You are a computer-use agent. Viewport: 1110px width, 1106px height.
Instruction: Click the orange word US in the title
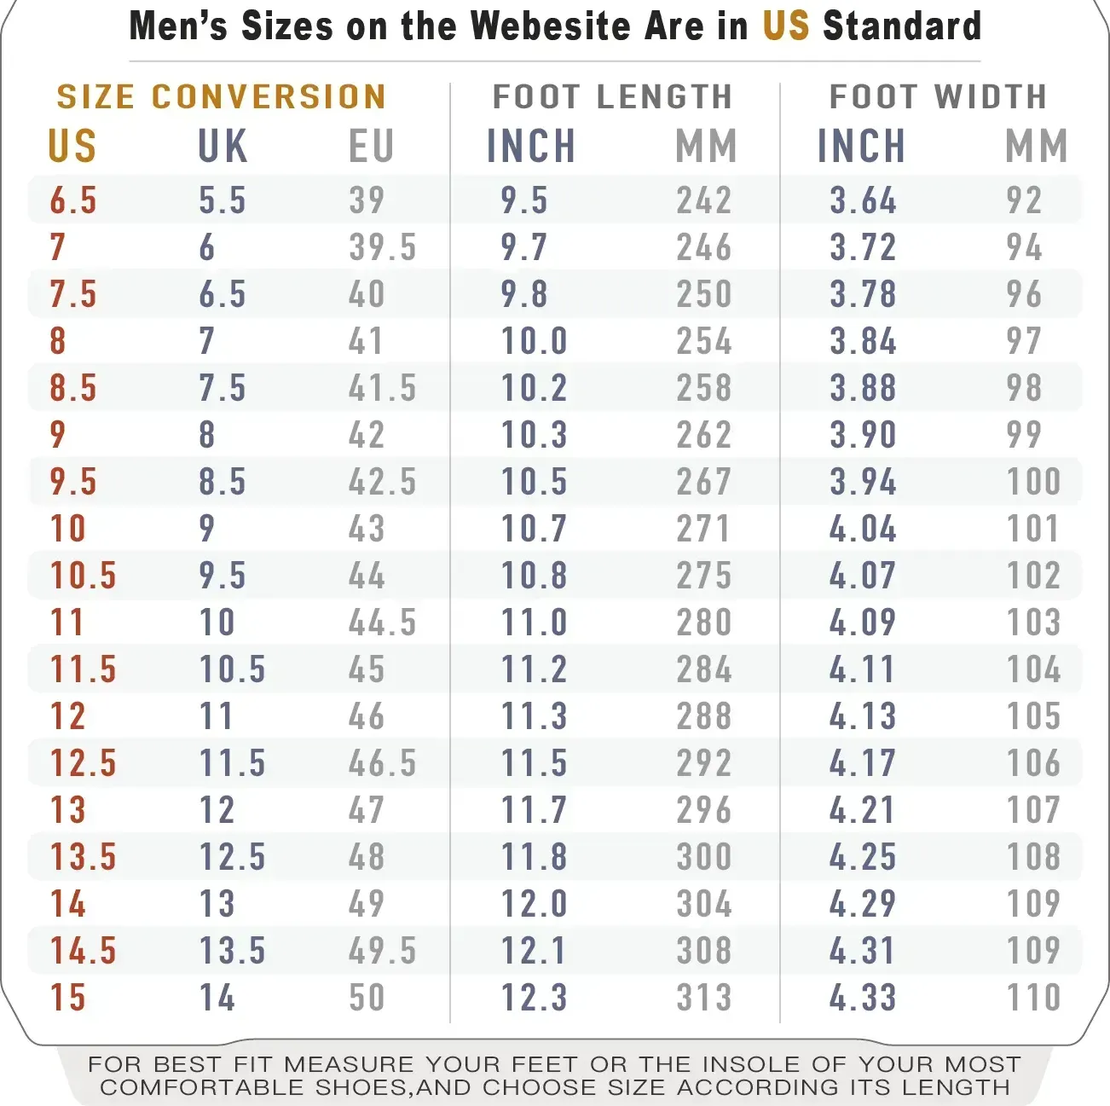[785, 26]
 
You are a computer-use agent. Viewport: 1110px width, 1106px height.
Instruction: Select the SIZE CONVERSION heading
[222, 97]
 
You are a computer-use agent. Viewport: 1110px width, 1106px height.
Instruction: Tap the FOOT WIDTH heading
[938, 97]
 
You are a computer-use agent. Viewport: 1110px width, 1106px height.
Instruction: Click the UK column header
[223, 146]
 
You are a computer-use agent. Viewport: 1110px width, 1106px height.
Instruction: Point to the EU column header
[371, 146]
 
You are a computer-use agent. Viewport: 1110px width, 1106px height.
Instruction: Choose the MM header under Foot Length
[706, 146]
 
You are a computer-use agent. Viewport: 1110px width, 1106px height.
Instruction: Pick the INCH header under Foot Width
[861, 146]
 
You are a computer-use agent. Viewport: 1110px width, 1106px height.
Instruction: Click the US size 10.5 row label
[83, 576]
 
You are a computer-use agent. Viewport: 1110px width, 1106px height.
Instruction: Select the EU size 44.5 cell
[382, 622]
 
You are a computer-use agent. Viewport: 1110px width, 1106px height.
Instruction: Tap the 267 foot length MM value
[704, 482]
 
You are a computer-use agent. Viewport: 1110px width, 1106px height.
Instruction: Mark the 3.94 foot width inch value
[863, 482]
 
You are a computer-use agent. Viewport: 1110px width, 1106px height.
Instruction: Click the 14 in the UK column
[217, 998]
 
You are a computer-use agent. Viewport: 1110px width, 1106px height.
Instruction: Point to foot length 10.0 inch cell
[534, 341]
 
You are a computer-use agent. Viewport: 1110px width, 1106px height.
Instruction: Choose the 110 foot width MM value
[1033, 998]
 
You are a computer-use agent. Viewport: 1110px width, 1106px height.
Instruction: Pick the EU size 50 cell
[367, 998]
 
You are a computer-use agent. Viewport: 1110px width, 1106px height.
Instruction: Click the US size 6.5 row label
[73, 200]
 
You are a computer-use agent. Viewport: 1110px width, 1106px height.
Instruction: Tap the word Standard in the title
[902, 26]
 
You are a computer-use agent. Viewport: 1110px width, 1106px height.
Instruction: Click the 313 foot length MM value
[704, 998]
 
